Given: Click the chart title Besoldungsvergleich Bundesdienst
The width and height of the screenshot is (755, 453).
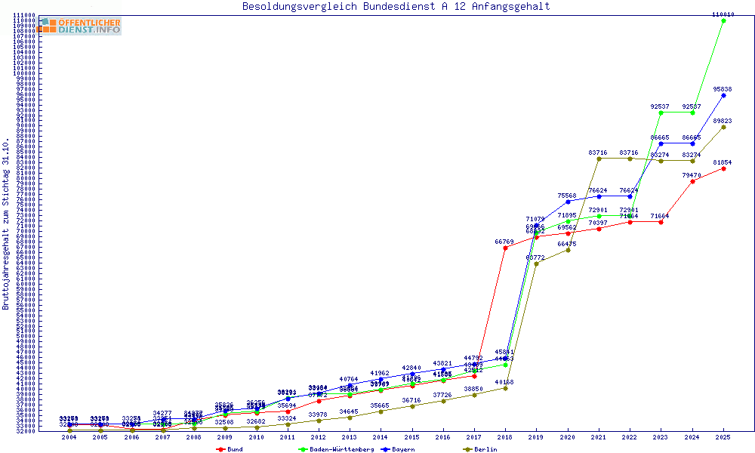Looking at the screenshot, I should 396,6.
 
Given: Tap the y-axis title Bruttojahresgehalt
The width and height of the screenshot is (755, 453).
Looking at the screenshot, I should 6,224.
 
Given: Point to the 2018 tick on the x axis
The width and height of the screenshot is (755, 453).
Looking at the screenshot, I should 505,436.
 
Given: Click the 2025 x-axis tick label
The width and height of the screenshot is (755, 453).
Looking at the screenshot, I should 723,436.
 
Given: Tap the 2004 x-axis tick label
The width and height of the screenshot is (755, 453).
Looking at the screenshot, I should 69,436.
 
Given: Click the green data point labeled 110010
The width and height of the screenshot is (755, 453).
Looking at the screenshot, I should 723,20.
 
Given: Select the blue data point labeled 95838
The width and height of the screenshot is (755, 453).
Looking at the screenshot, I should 723,95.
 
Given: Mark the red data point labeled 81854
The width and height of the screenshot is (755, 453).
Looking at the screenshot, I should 723,168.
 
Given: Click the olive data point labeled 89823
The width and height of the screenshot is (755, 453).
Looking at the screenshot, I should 723,127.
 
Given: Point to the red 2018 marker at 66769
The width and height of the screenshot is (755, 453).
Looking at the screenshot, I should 505,248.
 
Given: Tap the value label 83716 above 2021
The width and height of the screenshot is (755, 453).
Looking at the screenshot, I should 598,153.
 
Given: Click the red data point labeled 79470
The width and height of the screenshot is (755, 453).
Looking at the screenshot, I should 692,181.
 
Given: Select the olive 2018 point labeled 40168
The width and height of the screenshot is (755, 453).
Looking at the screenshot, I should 505,388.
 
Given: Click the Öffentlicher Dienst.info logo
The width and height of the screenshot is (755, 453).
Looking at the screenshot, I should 79,26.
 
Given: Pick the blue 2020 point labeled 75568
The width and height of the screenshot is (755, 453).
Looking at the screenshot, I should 568,202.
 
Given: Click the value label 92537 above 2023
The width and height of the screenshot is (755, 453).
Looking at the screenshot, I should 660,106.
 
